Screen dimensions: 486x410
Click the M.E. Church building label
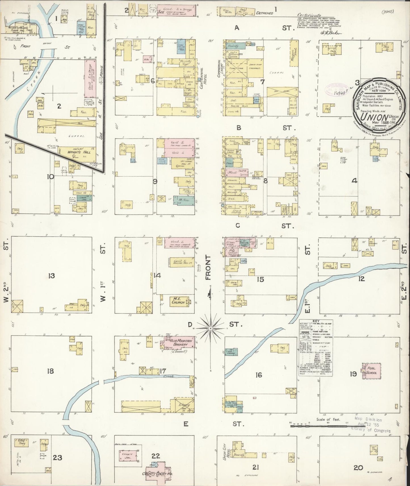pyautogui.click(x=179, y=300)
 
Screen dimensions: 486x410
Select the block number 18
pyautogui.click(x=51, y=371)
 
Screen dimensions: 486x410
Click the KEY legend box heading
pyautogui.click(x=316, y=322)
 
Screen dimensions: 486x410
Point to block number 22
pyautogui.click(x=156, y=456)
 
